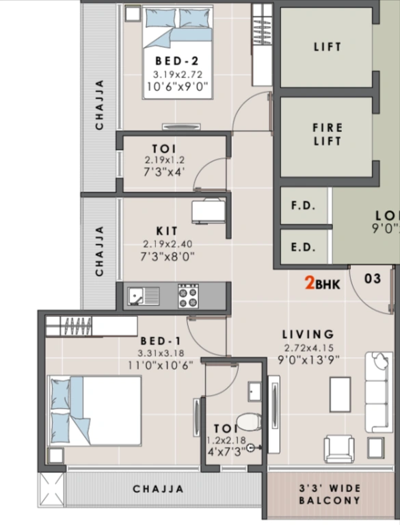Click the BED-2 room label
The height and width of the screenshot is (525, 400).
[x=176, y=60]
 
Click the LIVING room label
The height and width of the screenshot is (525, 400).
[x=309, y=334]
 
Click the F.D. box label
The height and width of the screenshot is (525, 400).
[x=303, y=206]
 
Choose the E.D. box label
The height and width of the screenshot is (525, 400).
[x=303, y=247]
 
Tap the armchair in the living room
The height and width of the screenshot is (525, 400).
[x=339, y=448]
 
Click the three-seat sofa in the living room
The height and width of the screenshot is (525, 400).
[x=379, y=392]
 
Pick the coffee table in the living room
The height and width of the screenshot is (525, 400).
[x=340, y=394]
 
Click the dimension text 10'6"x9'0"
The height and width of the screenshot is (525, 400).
[x=177, y=87]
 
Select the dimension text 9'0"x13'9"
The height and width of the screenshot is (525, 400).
[x=309, y=359]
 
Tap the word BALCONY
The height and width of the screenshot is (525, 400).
[x=329, y=501]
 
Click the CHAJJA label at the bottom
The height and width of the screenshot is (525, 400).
[x=158, y=489]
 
